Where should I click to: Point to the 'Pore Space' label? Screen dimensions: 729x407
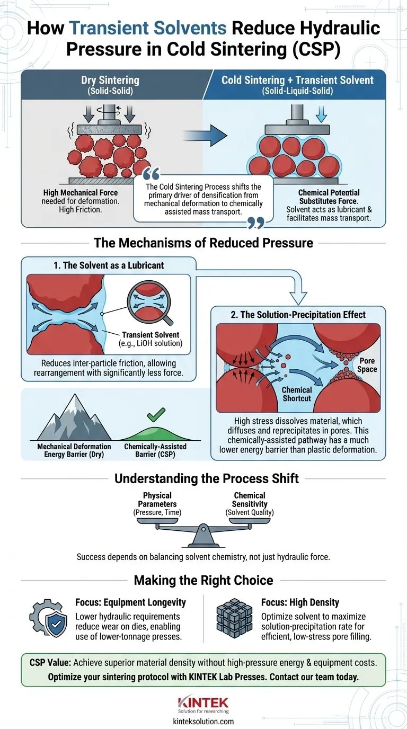[367, 364]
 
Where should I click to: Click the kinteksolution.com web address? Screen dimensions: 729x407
[203, 721]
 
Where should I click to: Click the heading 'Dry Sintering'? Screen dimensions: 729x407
[110, 81]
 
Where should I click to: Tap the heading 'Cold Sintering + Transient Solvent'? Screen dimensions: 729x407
[297, 80]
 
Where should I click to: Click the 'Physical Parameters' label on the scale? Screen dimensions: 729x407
[157, 500]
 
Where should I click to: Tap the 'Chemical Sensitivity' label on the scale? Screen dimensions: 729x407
[250, 500]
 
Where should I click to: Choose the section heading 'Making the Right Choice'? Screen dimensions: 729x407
[203, 580]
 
